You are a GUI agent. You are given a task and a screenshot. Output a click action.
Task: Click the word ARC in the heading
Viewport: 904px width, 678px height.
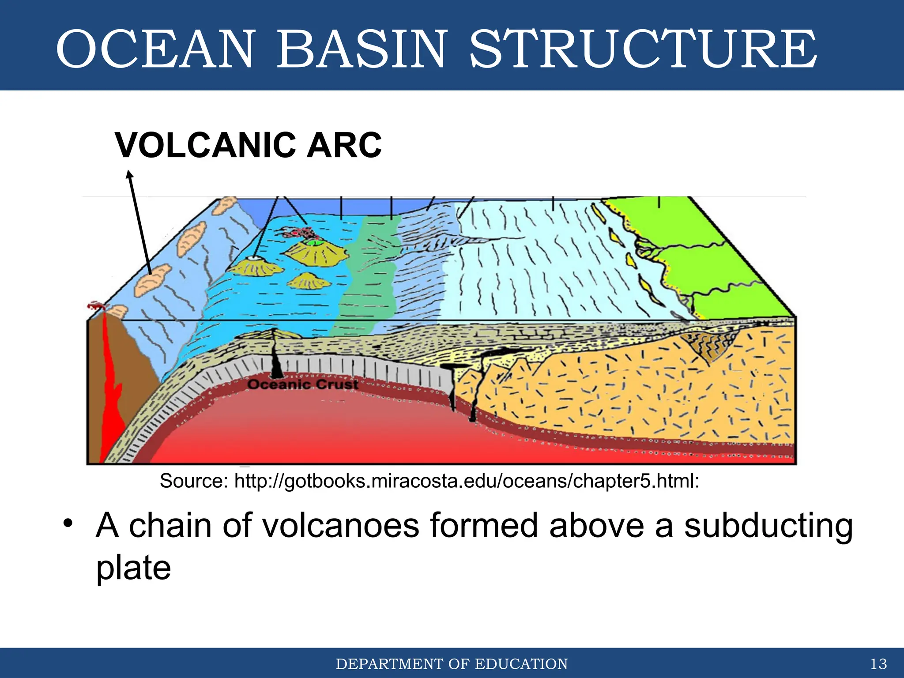(x=344, y=145)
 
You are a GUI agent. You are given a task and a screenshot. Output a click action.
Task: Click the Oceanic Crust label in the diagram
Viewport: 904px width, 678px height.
(x=303, y=384)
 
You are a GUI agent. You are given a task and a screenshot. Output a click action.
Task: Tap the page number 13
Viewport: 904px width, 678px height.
(x=878, y=664)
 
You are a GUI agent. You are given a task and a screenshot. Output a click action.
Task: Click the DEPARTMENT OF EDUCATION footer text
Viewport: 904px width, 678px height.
(x=452, y=664)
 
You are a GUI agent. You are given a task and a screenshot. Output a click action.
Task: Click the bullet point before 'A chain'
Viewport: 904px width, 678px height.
(x=68, y=524)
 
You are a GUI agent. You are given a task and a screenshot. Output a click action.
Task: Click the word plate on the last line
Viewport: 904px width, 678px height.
(x=133, y=568)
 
